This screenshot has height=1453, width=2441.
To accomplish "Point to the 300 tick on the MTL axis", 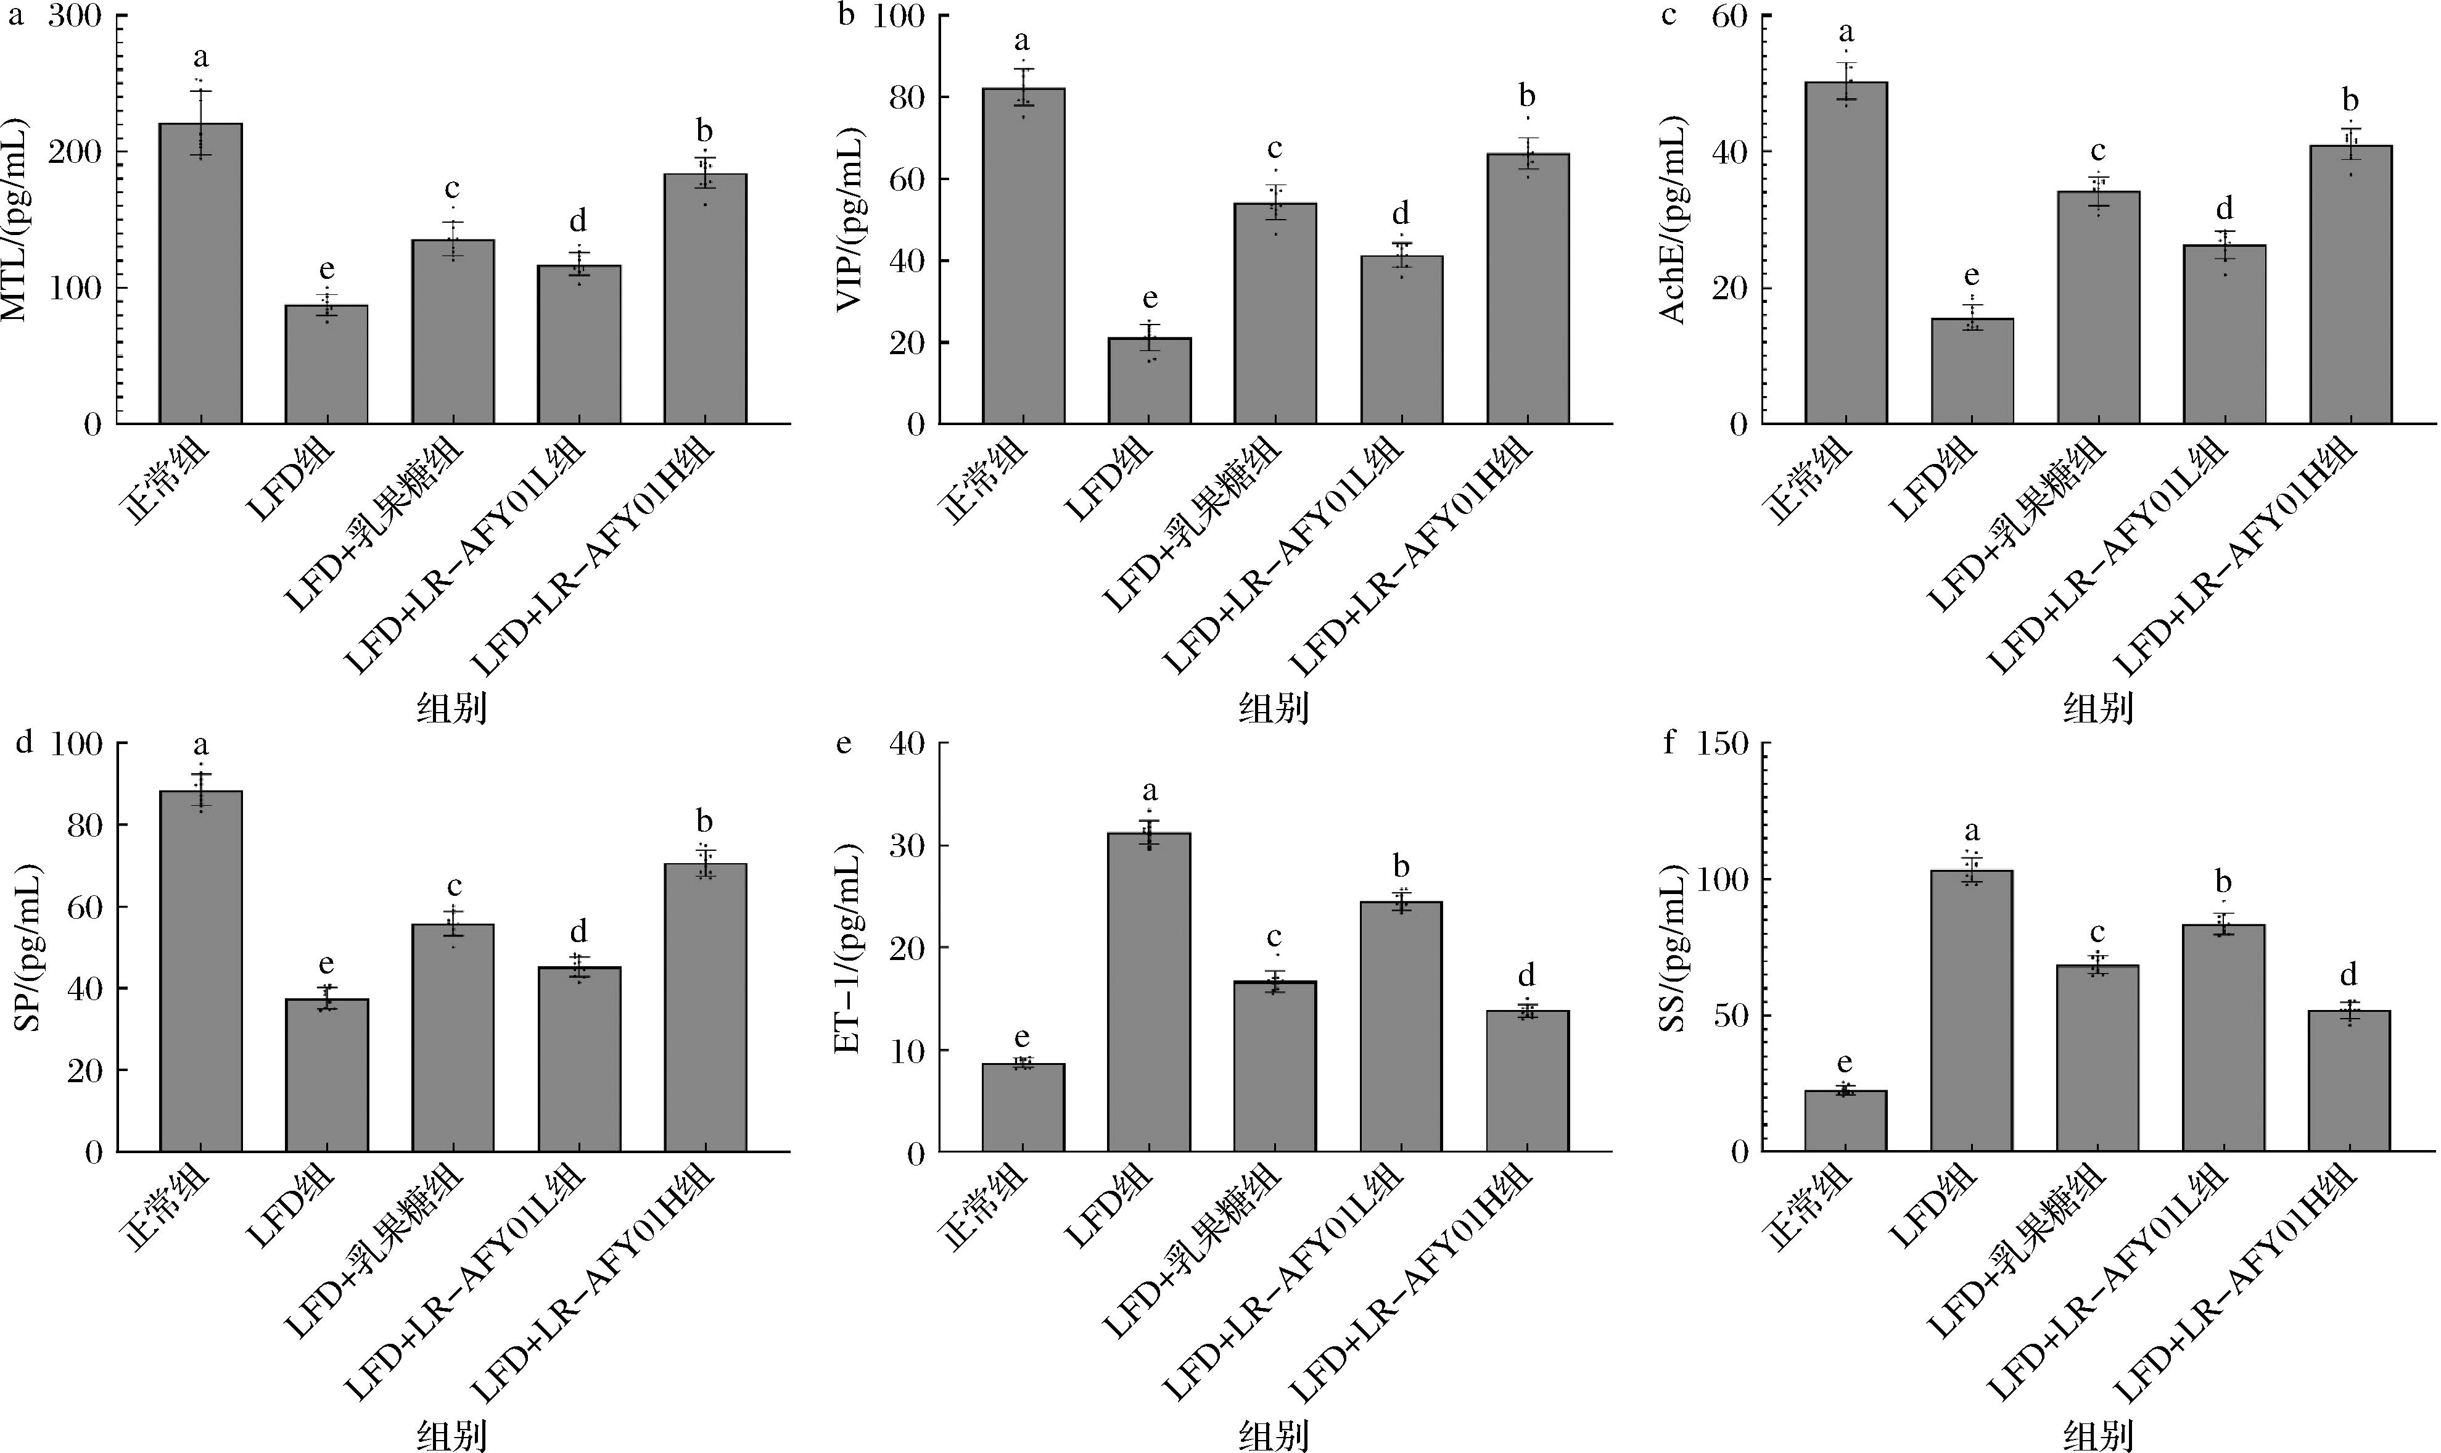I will (x=78, y=17).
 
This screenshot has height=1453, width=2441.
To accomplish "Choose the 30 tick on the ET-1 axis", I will (x=907, y=846).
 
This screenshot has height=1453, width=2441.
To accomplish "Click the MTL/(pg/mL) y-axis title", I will (x=18, y=220).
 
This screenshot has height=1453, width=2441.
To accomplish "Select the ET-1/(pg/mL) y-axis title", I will (x=844, y=947).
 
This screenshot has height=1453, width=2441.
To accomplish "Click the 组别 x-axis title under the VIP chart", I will (x=1274, y=707).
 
